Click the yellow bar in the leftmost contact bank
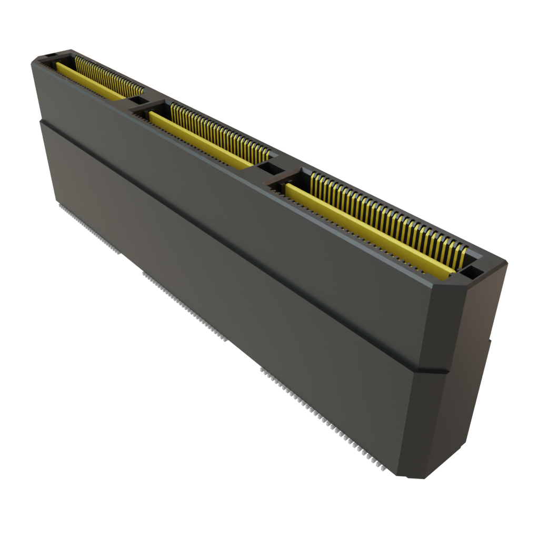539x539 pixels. tap(89, 82)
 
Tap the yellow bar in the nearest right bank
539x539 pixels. tap(368, 232)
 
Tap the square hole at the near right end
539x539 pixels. tap(473, 272)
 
